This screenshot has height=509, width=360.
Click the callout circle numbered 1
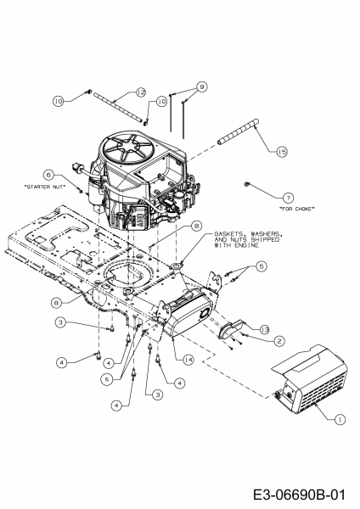click(340, 420)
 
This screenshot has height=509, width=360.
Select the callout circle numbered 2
click(279, 340)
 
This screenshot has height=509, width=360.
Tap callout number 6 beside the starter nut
click(48, 176)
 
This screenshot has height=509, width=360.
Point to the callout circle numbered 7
click(288, 198)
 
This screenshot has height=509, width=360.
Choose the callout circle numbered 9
click(202, 87)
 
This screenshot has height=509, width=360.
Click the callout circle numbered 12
click(141, 92)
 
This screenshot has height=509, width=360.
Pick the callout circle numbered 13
click(264, 330)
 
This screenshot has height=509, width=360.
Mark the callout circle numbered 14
click(188, 360)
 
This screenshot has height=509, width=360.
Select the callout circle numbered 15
click(282, 151)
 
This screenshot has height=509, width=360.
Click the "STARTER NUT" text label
click(45, 187)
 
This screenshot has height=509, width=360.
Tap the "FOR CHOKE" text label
click(297, 209)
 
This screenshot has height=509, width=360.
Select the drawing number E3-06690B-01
click(299, 495)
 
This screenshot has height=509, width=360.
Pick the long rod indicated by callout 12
click(119, 108)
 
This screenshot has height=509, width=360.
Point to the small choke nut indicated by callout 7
click(246, 184)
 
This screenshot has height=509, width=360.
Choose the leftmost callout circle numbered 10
click(58, 101)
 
